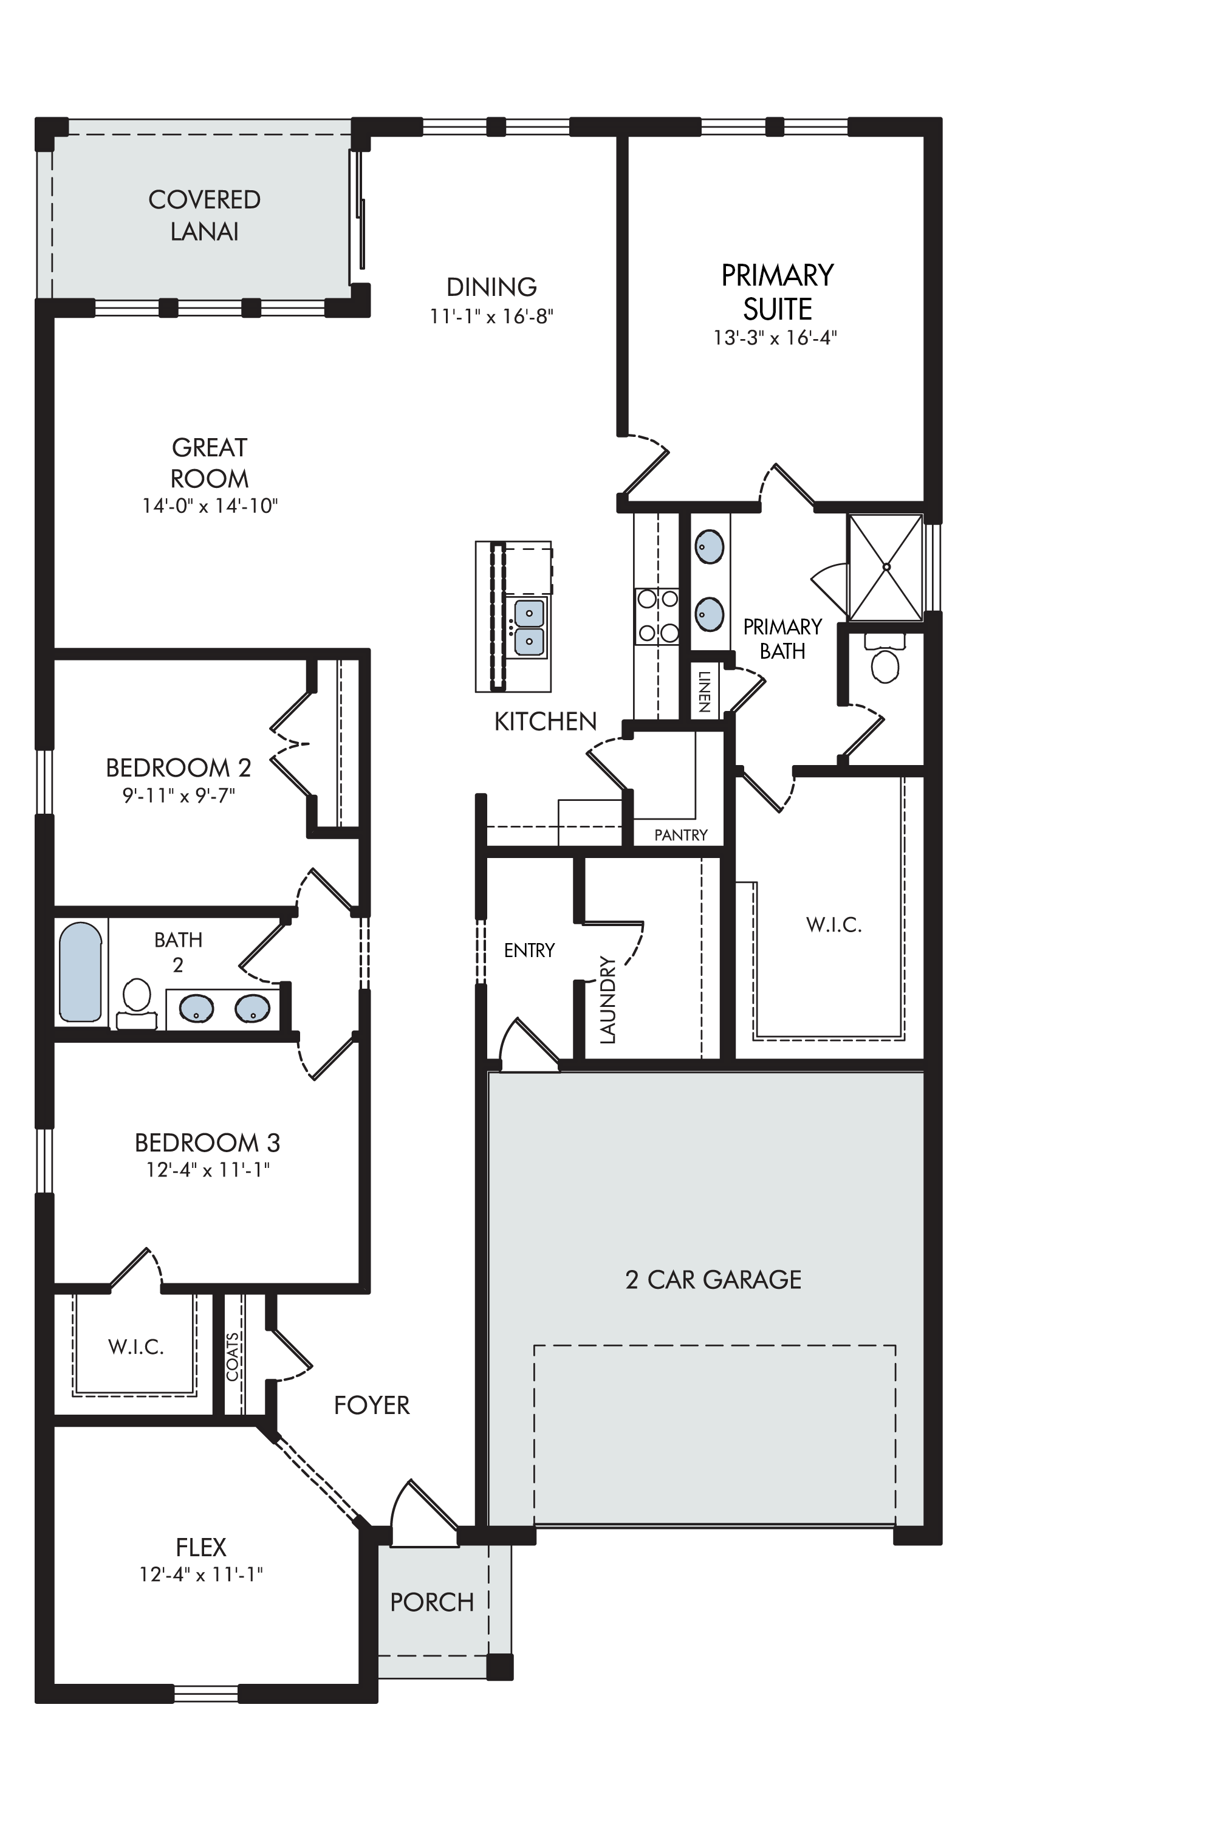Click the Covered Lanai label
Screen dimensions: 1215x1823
[205, 216]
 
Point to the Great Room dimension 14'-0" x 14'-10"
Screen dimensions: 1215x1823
[210, 506]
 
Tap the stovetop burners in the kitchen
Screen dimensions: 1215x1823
[658, 616]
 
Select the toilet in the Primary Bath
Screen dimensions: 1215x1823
[885, 658]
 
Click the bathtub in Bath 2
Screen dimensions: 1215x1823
[81, 971]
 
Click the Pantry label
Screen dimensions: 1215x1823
[681, 835]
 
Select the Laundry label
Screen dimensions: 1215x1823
[607, 999]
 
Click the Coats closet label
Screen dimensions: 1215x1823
[233, 1356]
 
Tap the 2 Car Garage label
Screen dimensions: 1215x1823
[713, 1279]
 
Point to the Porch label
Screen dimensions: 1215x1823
[431, 1602]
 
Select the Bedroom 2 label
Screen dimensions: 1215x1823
[178, 767]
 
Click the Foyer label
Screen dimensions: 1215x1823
[372, 1404]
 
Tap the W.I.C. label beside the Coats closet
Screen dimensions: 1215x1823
[135, 1347]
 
